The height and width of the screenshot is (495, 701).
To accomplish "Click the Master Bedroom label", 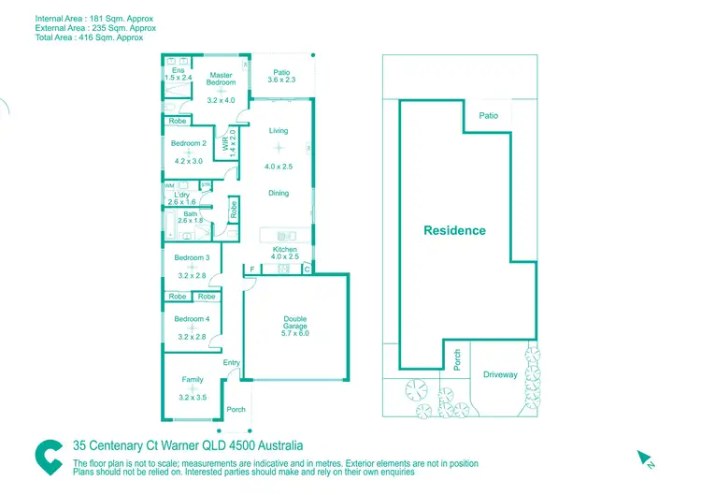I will (x=221, y=79).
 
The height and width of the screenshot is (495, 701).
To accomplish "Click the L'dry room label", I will (x=181, y=195).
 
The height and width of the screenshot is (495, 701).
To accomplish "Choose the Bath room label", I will (x=191, y=214).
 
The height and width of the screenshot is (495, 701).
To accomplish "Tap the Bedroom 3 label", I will (x=191, y=257).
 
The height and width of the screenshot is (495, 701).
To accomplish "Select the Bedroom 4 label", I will (x=191, y=319).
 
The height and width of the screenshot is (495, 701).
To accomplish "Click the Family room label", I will (x=192, y=379).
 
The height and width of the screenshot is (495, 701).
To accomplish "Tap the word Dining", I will (x=279, y=194).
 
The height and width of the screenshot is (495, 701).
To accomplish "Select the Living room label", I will (x=279, y=131).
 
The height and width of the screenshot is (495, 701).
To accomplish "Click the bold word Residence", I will (x=454, y=230).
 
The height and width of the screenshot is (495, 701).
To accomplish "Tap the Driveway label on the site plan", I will (x=500, y=374).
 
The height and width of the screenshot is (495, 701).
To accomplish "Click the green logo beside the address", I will (x=49, y=456).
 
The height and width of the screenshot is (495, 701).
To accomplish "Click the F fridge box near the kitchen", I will (x=250, y=269).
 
